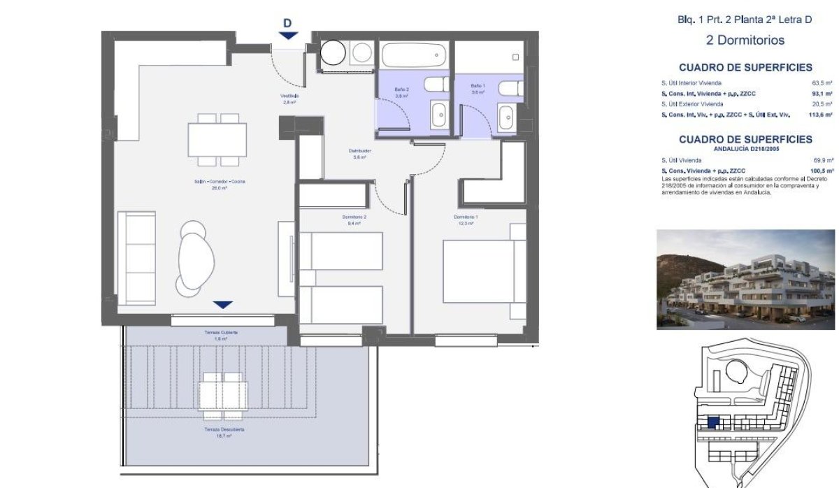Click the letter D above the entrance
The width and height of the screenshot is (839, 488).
point(287,23)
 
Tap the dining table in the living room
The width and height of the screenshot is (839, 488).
point(217,140)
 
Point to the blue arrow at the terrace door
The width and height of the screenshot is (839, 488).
point(222,305)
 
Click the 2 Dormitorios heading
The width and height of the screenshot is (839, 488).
point(745,41)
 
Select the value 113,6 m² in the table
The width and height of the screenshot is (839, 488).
point(822,114)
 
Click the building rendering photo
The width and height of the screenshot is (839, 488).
point(745,279)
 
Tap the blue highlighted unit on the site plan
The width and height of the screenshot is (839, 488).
point(713,422)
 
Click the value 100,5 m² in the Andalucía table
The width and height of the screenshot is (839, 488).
point(822,171)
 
